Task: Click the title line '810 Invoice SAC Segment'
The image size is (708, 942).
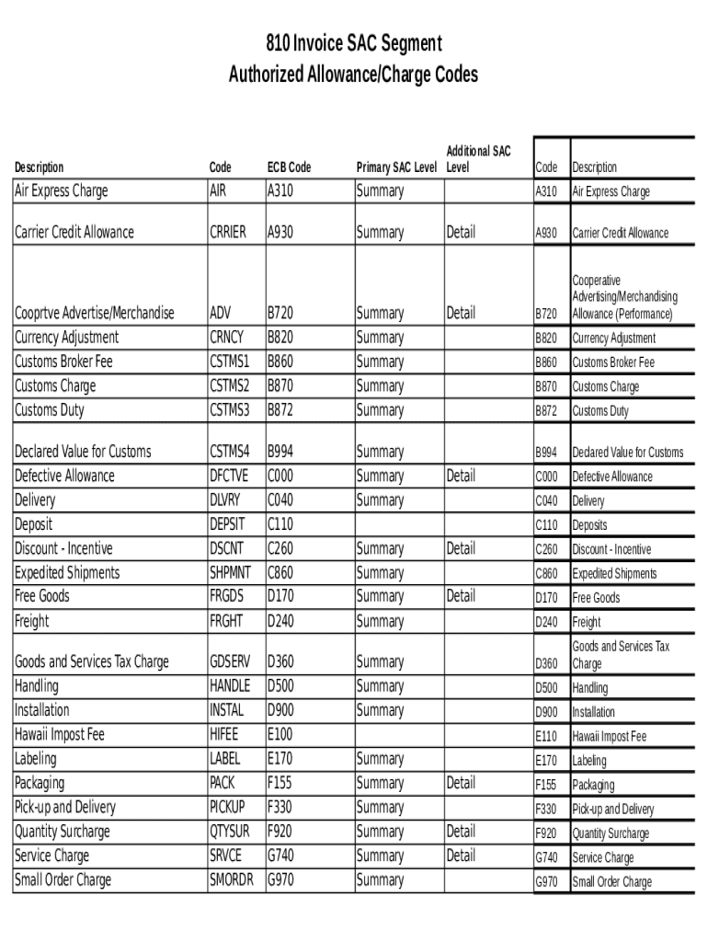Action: [354, 43]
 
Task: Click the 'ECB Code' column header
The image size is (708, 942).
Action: [289, 167]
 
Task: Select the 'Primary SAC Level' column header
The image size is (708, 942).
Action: [396, 167]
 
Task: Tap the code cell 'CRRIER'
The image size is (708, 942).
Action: [228, 233]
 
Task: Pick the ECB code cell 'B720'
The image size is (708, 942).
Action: [280, 314]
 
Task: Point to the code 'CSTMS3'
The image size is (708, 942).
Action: [230, 410]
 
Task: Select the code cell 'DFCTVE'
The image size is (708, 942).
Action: [229, 477]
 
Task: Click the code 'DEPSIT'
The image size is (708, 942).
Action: [227, 524]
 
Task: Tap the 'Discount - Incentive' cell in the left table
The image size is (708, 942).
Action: [63, 549]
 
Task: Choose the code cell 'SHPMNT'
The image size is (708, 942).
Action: [230, 573]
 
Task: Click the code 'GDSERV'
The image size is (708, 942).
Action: [230, 662]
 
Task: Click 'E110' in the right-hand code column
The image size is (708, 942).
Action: [546, 737]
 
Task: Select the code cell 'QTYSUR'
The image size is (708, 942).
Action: [230, 833]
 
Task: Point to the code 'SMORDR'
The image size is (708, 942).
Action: [231, 880]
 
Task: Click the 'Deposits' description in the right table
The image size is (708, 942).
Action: [589, 525]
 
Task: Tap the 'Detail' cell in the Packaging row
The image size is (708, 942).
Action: [461, 784]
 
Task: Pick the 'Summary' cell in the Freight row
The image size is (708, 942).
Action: [380, 622]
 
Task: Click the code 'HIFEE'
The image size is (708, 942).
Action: [223, 735]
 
